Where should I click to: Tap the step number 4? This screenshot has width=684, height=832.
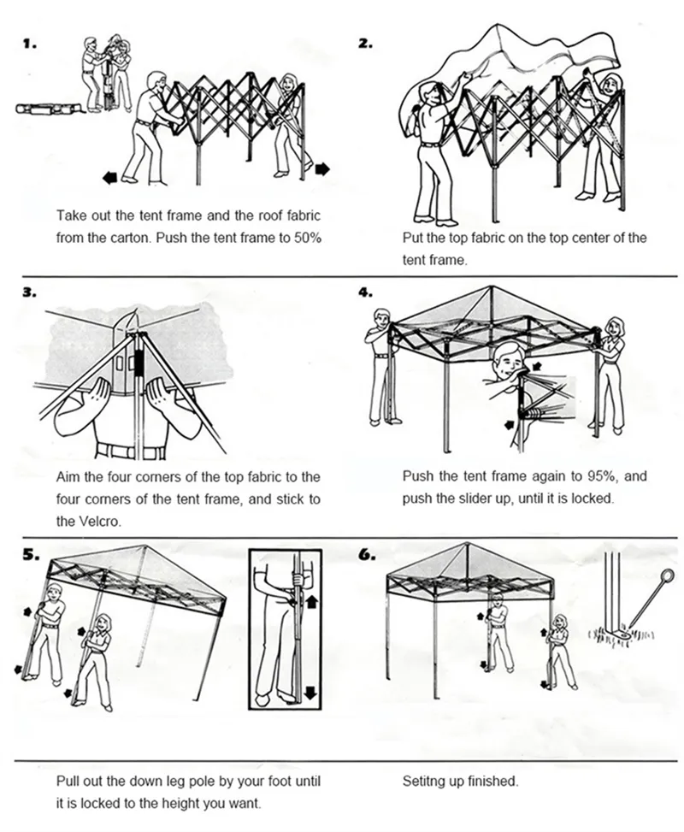(365, 292)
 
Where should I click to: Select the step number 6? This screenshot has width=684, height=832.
(365, 553)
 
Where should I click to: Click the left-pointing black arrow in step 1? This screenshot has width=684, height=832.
(109, 178)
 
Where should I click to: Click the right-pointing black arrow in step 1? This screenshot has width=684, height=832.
(322, 169)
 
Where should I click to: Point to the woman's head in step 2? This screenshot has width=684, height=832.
(610, 84)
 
